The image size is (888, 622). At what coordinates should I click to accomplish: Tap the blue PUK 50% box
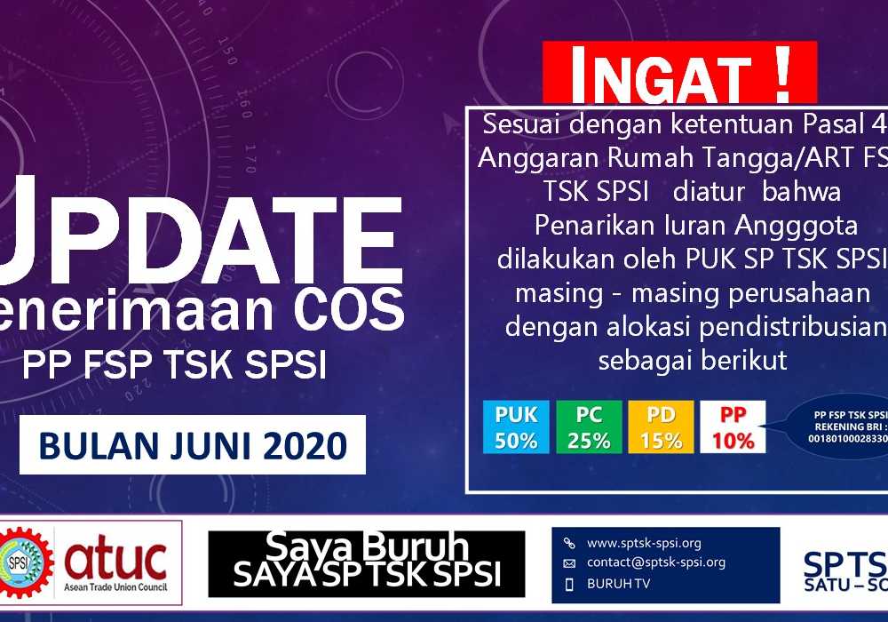[x=516, y=427]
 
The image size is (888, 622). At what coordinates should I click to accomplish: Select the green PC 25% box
[x=589, y=427]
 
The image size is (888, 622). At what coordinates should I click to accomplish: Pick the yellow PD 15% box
[x=661, y=427]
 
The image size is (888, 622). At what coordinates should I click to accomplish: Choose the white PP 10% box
[x=733, y=427]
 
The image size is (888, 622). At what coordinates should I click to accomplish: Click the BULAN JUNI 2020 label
[x=193, y=445]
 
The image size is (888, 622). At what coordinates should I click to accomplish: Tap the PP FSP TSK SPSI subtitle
[x=175, y=365]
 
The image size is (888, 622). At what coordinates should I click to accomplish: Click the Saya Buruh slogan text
[x=367, y=544]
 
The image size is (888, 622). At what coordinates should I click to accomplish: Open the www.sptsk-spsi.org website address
[x=644, y=543]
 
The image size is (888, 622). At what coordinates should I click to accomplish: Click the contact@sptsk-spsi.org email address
[x=655, y=562]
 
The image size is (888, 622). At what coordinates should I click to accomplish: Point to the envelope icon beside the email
[x=569, y=563]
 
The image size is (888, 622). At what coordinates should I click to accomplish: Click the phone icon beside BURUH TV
[x=569, y=585]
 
